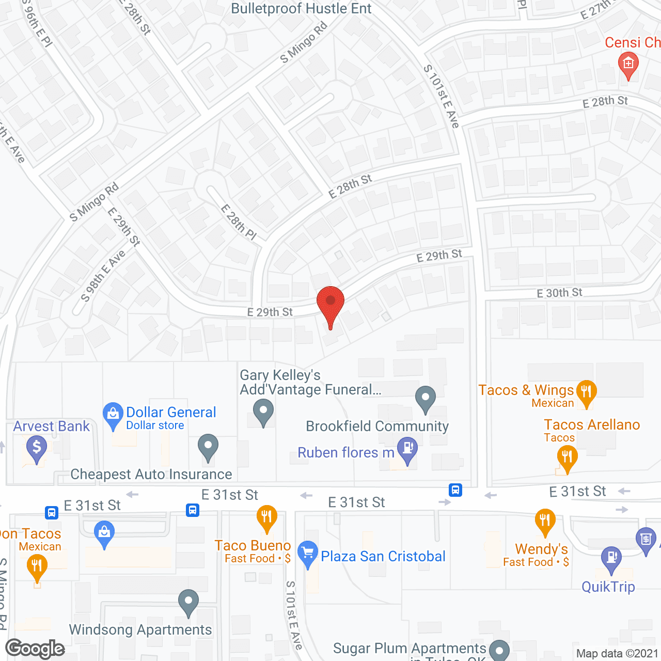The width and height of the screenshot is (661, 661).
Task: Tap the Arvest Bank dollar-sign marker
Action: [x=37, y=448]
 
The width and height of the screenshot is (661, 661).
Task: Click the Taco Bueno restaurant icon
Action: [x=266, y=517]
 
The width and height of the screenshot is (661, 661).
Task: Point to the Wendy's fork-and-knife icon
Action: [x=545, y=522]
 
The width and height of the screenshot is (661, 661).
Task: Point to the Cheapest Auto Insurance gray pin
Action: [x=208, y=447]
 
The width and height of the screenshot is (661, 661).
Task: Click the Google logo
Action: [x=35, y=649]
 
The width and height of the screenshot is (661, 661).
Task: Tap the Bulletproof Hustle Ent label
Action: [x=301, y=9]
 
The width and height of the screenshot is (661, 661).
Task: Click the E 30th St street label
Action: [x=559, y=293]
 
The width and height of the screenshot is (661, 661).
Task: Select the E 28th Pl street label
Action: [x=239, y=222]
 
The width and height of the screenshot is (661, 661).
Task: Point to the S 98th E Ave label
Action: [x=103, y=276]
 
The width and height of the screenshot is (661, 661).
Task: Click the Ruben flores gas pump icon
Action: [x=407, y=449]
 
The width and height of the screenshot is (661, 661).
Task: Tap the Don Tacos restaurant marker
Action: [x=37, y=567]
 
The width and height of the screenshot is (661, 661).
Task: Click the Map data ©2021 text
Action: [x=617, y=653]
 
